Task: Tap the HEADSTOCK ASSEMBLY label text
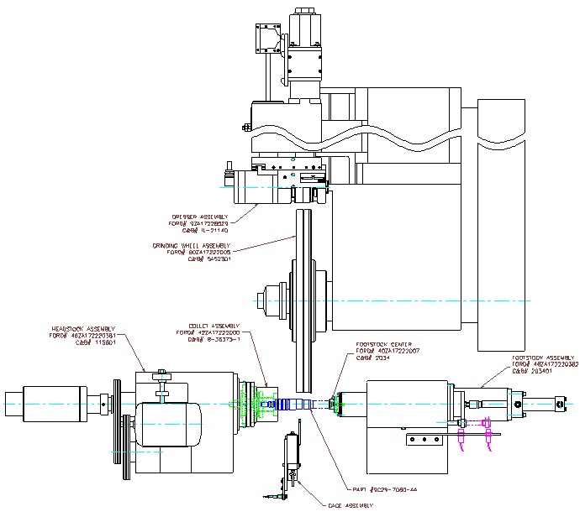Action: click(x=84, y=328)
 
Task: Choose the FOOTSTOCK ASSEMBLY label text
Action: click(x=543, y=358)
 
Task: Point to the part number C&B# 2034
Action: click(x=370, y=357)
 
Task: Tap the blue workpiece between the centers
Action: click(x=298, y=404)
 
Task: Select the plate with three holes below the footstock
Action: click(x=422, y=439)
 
